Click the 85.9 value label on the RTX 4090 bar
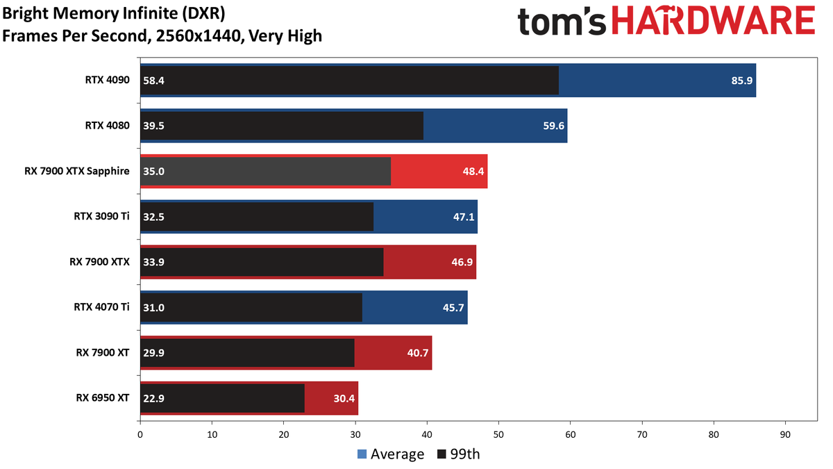(x=741, y=81)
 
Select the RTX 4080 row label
(x=107, y=126)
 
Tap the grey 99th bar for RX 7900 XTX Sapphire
(x=265, y=171)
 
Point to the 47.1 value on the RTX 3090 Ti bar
(x=464, y=217)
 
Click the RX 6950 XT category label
(x=103, y=398)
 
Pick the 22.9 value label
(x=153, y=398)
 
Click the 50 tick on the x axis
(x=498, y=434)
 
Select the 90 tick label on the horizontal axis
(x=785, y=434)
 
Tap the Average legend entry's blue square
(x=362, y=454)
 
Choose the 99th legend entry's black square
(x=441, y=454)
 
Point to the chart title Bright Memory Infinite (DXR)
(x=114, y=13)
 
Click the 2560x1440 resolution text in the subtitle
(x=199, y=35)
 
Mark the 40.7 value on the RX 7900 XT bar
(x=418, y=352)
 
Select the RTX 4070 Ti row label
(x=101, y=307)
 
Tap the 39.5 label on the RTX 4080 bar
(x=153, y=126)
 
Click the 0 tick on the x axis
(x=140, y=434)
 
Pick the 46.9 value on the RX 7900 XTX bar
(x=462, y=262)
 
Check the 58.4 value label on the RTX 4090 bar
(x=153, y=81)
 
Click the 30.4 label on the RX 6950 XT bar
(x=344, y=399)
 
